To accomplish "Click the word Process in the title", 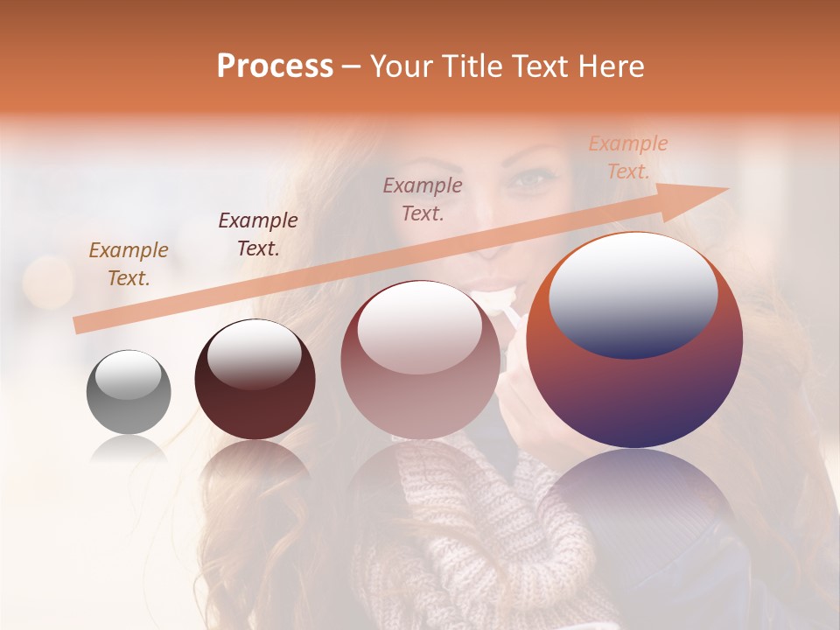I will [x=275, y=66].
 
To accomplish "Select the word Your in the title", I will [x=403, y=66].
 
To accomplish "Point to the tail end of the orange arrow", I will [x=77, y=326].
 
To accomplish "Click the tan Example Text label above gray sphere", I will [x=129, y=263].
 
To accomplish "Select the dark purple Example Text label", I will [x=258, y=234].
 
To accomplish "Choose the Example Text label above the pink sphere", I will [x=423, y=199].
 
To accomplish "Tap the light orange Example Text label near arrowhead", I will [x=627, y=157].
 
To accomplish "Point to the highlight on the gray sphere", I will [x=128, y=374].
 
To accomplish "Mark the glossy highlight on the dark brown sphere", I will [x=254, y=353].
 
